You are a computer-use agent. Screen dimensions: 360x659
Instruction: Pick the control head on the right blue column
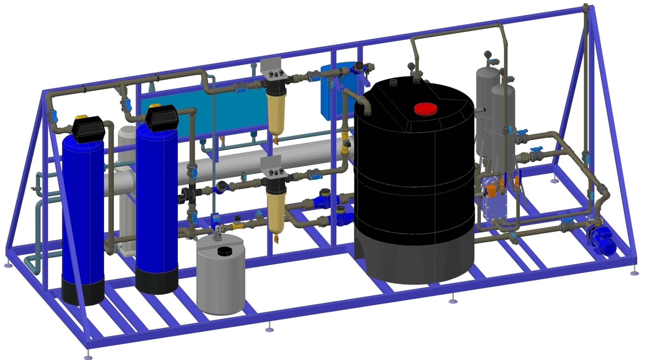(x=162, y=118)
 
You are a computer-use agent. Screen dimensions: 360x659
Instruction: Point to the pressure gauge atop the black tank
(x=411, y=66)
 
